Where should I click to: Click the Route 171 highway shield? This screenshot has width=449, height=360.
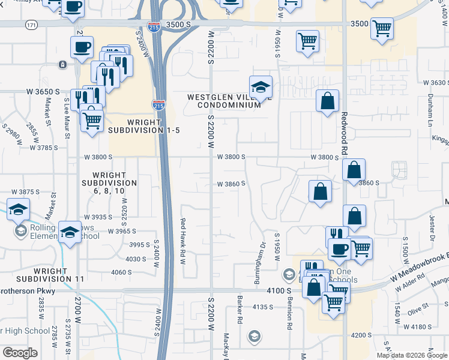(x=32, y=25)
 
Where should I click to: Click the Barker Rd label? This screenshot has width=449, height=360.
(x=239, y=312)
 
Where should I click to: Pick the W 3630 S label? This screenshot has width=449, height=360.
(x=436, y=83)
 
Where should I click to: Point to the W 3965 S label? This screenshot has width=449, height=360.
(x=122, y=231)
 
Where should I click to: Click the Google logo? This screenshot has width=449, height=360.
(x=20, y=352)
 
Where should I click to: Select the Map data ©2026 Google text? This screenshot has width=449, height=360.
(x=411, y=355)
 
